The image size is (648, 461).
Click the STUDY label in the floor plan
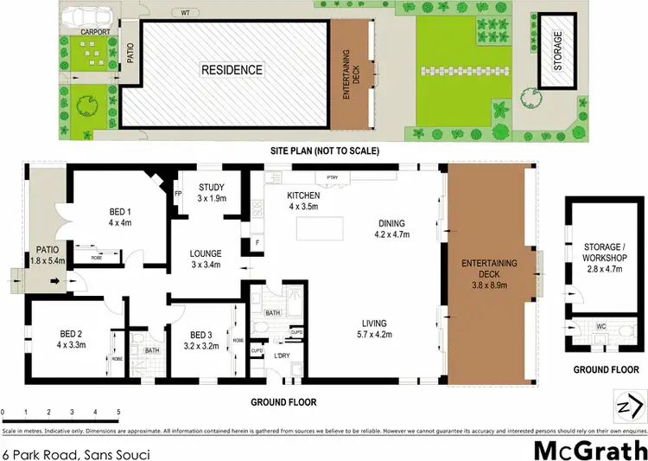click(x=212, y=187)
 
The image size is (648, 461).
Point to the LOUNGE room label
click(x=206, y=253)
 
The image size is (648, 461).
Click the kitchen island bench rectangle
click(x=319, y=229)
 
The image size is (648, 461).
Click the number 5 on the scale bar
click(x=118, y=413)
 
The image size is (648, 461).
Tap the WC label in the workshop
click(x=601, y=328)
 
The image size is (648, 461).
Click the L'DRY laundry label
click(x=282, y=356)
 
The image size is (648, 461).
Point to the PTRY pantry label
click(x=332, y=178)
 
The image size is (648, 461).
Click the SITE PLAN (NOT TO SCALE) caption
click(x=324, y=150)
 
